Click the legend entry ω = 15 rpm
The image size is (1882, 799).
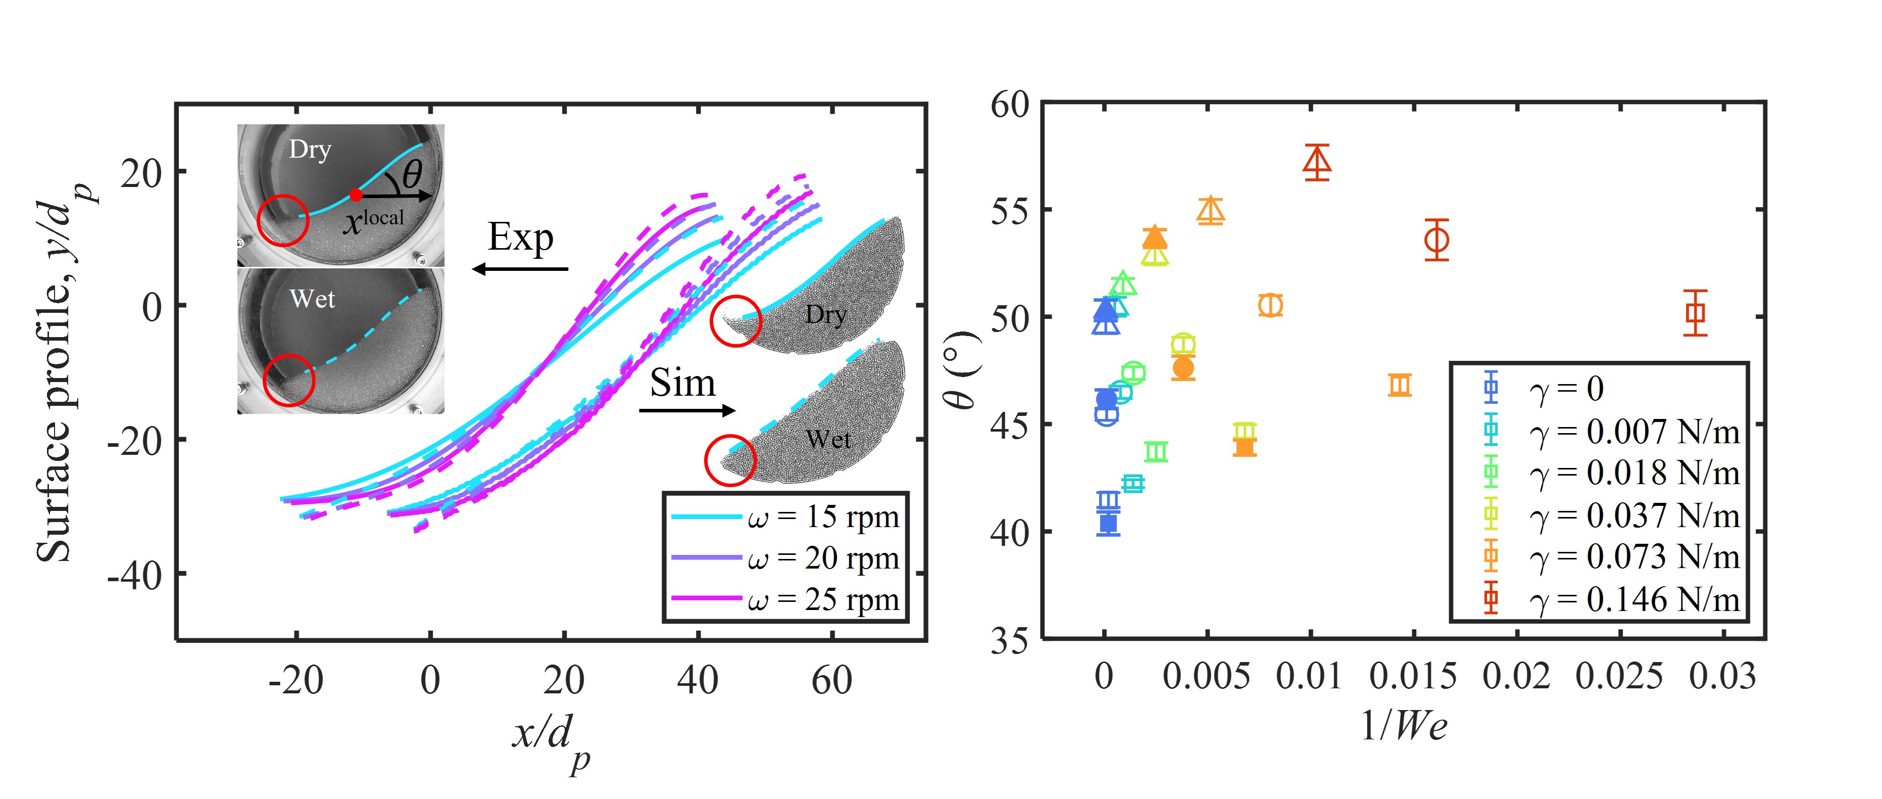[x=785, y=518]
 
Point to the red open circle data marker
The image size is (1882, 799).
[x=1437, y=240]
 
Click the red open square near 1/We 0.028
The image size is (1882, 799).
[x=1695, y=313]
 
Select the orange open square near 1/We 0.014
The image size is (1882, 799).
[x=1399, y=385]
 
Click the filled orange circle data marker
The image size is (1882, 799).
[x=1183, y=368]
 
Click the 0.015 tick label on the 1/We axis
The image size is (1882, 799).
[x=1412, y=677]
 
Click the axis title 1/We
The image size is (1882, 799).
[x=1403, y=726]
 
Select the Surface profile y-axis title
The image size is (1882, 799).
[x=62, y=373]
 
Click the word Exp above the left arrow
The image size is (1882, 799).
[x=520, y=238]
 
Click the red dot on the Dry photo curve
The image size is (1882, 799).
[x=356, y=195]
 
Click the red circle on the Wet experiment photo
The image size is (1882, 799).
[x=288, y=380]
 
